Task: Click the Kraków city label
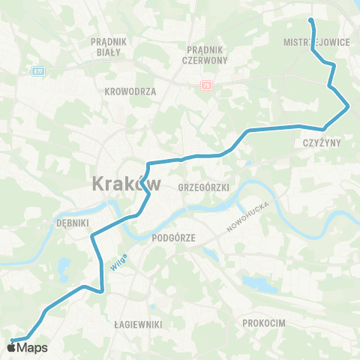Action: click(126, 183)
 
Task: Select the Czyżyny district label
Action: click(322, 141)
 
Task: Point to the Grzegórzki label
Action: click(204, 186)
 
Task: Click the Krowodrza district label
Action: click(130, 91)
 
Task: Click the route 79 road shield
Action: click(206, 86)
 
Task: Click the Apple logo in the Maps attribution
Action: click(12, 347)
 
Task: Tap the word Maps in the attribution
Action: click(32, 347)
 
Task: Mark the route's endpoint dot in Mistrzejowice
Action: click(311, 20)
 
